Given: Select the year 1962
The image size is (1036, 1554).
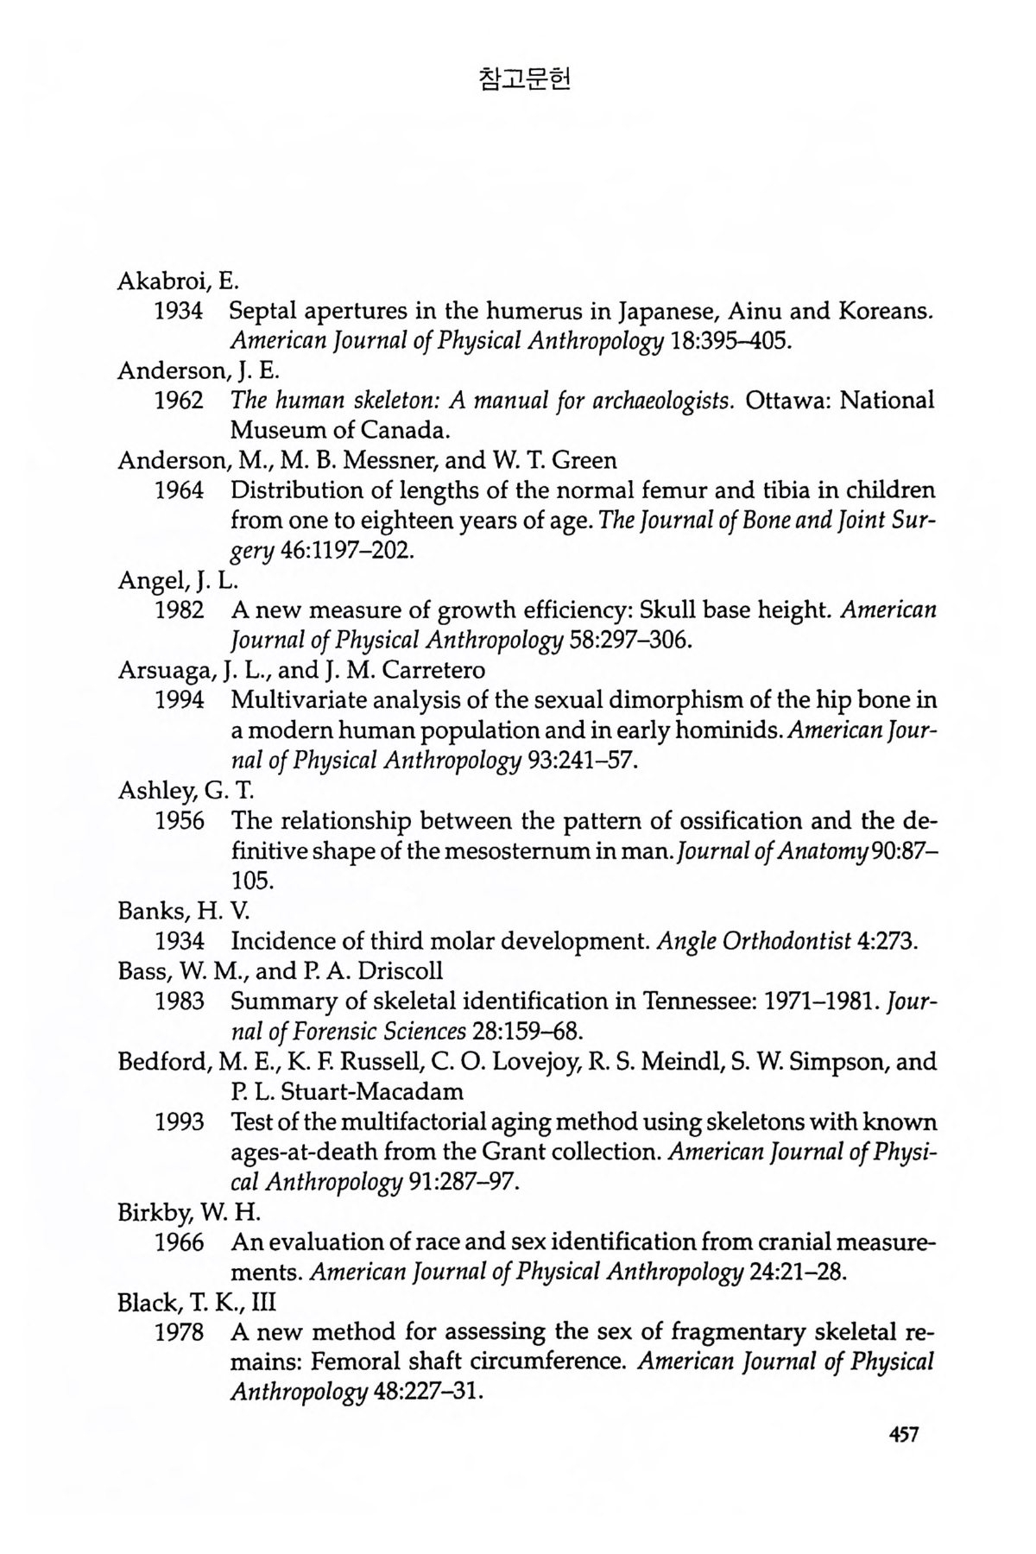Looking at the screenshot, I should pyautogui.click(x=179, y=401).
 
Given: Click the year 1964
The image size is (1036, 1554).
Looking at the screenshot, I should pyautogui.click(x=179, y=491).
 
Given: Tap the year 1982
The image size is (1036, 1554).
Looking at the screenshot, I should pyautogui.click(x=179, y=610).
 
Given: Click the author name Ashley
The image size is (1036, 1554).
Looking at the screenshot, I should pyautogui.click(x=149, y=790).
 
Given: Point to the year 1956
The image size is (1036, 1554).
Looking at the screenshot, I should pyautogui.click(x=179, y=820).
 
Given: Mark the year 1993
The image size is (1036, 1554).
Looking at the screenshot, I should pyautogui.click(x=179, y=1122).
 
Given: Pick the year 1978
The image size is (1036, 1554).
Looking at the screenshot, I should pyautogui.click(x=179, y=1332).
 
